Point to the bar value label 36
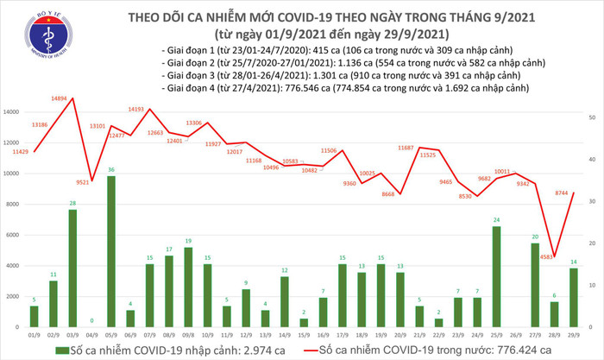(111, 170)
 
